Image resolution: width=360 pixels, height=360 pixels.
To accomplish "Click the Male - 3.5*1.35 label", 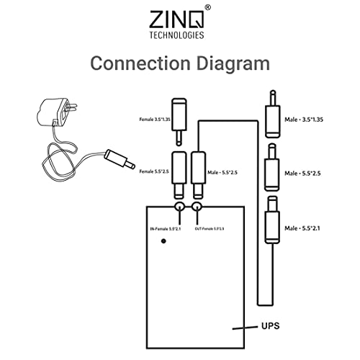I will (309, 119).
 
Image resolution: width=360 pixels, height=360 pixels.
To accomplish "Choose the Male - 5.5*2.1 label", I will (307, 228).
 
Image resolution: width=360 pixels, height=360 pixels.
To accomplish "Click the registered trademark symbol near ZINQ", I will (208, 8).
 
